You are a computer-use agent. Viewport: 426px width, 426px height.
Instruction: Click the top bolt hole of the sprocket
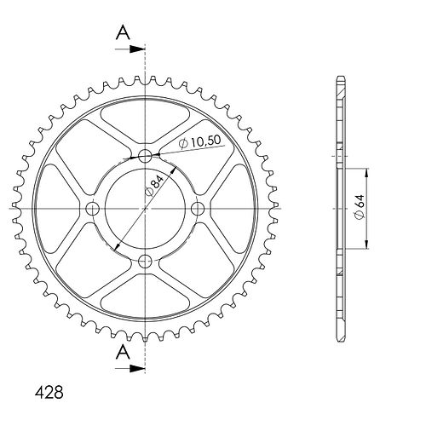point(145,156)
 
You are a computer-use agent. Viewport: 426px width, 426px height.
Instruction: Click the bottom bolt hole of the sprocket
point(145,262)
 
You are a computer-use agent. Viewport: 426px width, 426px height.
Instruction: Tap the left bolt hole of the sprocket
point(92,209)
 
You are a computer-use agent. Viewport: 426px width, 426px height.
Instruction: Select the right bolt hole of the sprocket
point(198,209)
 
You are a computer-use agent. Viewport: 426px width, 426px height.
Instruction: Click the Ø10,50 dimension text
point(199,141)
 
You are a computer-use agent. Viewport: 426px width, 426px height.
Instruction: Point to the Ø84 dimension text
point(154,185)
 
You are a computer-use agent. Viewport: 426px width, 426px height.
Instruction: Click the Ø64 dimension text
point(360,207)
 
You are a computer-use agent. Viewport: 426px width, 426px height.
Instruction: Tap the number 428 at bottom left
point(49,392)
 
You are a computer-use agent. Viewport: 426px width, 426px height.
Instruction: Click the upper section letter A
point(123,32)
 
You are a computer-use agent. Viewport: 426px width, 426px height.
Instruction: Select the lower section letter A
point(123,353)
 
